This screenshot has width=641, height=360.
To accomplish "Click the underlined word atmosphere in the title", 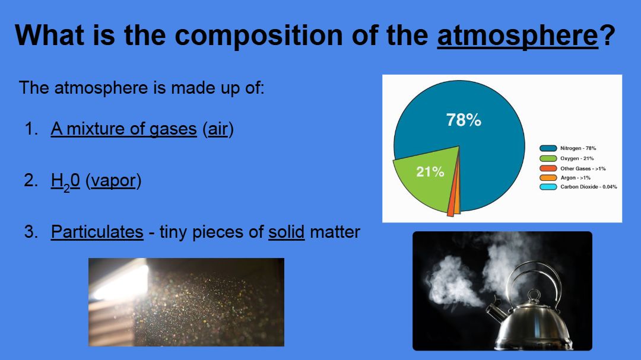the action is tap(518, 36).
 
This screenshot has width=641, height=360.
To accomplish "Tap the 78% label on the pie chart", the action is tap(464, 120).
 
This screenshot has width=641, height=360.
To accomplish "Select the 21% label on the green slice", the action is tap(430, 172).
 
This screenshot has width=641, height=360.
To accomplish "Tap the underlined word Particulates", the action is tap(97, 232).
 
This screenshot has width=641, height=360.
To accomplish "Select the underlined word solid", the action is tap(287, 232).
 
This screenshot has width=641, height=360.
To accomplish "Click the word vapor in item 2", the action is tap(113, 181).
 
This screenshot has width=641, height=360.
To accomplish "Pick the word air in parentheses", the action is tap(218, 129).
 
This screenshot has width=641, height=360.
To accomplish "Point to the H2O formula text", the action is tap(65, 181).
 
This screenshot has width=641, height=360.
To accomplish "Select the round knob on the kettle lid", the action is tap(534, 294).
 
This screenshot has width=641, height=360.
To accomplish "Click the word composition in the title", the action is tap(259, 36).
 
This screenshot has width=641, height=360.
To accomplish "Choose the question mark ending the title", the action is tap(608, 35).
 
